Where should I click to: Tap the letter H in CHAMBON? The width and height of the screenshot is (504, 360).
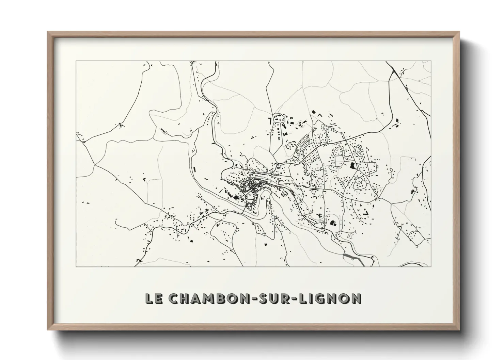pyautogui.click(x=185, y=298)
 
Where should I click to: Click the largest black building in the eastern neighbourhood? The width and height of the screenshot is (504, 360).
pyautogui.click(x=352, y=166)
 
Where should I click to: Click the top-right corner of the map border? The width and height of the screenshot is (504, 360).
pyautogui.click(x=431, y=61)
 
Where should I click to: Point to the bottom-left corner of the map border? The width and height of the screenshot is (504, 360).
pyautogui.click(x=76, y=266)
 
